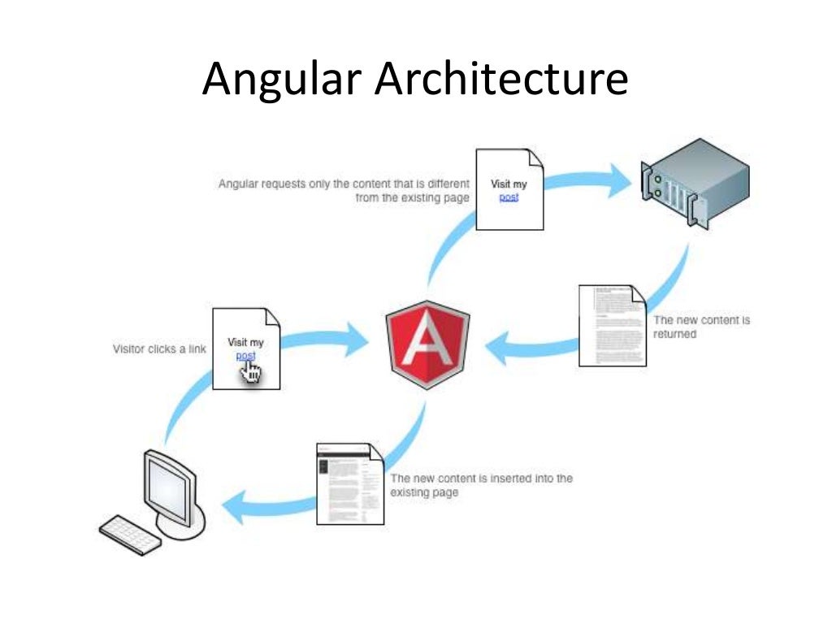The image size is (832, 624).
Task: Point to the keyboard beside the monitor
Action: (x=131, y=535)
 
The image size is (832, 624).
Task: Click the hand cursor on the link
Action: (x=252, y=371)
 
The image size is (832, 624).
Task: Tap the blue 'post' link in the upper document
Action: (x=509, y=197)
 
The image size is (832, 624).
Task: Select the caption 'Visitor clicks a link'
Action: (x=158, y=349)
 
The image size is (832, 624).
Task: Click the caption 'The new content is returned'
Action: (x=701, y=327)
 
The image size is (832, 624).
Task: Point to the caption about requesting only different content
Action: (x=344, y=191)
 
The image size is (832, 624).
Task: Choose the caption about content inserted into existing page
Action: (x=481, y=485)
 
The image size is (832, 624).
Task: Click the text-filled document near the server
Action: (x=612, y=325)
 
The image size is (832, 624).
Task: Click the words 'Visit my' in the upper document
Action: (x=509, y=184)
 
